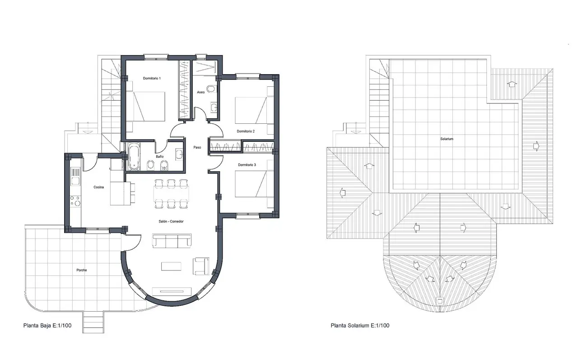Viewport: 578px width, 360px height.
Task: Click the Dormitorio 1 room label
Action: click(152, 78)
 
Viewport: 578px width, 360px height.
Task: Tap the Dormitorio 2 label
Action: click(246, 131)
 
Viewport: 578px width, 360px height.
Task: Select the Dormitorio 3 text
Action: click(247, 165)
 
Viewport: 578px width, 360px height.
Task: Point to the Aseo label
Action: click(201, 92)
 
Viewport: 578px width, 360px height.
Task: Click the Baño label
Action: click(159, 156)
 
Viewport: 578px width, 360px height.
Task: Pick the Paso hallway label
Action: click(197, 147)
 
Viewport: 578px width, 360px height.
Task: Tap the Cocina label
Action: click(98, 187)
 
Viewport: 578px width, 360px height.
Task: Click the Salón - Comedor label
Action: click(171, 221)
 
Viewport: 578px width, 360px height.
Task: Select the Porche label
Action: click(82, 270)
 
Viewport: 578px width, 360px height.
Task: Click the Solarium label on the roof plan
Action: click(447, 139)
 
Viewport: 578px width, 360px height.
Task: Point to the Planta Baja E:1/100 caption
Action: click(47, 325)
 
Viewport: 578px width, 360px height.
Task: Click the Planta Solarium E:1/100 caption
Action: click(360, 325)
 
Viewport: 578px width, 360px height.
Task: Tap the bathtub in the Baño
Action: click(134, 157)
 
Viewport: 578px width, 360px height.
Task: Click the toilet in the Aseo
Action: click(211, 89)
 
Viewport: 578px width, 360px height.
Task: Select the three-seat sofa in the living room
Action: click(172, 240)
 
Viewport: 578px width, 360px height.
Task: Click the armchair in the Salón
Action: click(201, 266)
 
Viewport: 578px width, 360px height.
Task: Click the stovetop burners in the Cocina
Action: click(75, 201)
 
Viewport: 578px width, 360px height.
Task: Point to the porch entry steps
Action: click(93, 322)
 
